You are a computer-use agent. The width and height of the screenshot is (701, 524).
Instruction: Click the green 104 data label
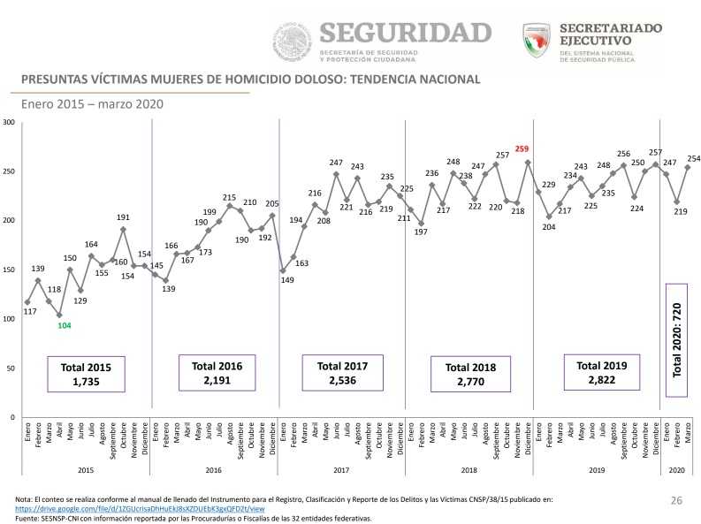click(x=65, y=326)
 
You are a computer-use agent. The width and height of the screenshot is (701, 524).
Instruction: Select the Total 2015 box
click(x=87, y=374)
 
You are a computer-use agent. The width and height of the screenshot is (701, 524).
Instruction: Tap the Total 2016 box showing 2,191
click(x=217, y=373)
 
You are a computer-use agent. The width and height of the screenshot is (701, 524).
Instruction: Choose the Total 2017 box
click(x=342, y=373)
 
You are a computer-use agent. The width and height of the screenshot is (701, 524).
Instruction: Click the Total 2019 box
click(x=601, y=373)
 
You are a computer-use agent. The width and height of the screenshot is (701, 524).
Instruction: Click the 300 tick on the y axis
click(x=8, y=121)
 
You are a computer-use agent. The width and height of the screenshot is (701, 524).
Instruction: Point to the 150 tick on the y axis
click(x=8, y=270)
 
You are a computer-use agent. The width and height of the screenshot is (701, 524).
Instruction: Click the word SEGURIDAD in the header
click(x=405, y=34)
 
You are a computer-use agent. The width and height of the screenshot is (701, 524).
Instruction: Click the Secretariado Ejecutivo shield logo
click(x=537, y=40)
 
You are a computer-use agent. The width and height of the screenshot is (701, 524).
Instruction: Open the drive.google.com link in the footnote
click(x=140, y=510)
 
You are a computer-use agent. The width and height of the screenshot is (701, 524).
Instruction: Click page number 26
click(x=676, y=501)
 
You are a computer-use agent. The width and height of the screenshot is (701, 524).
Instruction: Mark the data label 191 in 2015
click(x=124, y=217)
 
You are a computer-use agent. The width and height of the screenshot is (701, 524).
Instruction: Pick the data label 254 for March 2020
click(x=693, y=159)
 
